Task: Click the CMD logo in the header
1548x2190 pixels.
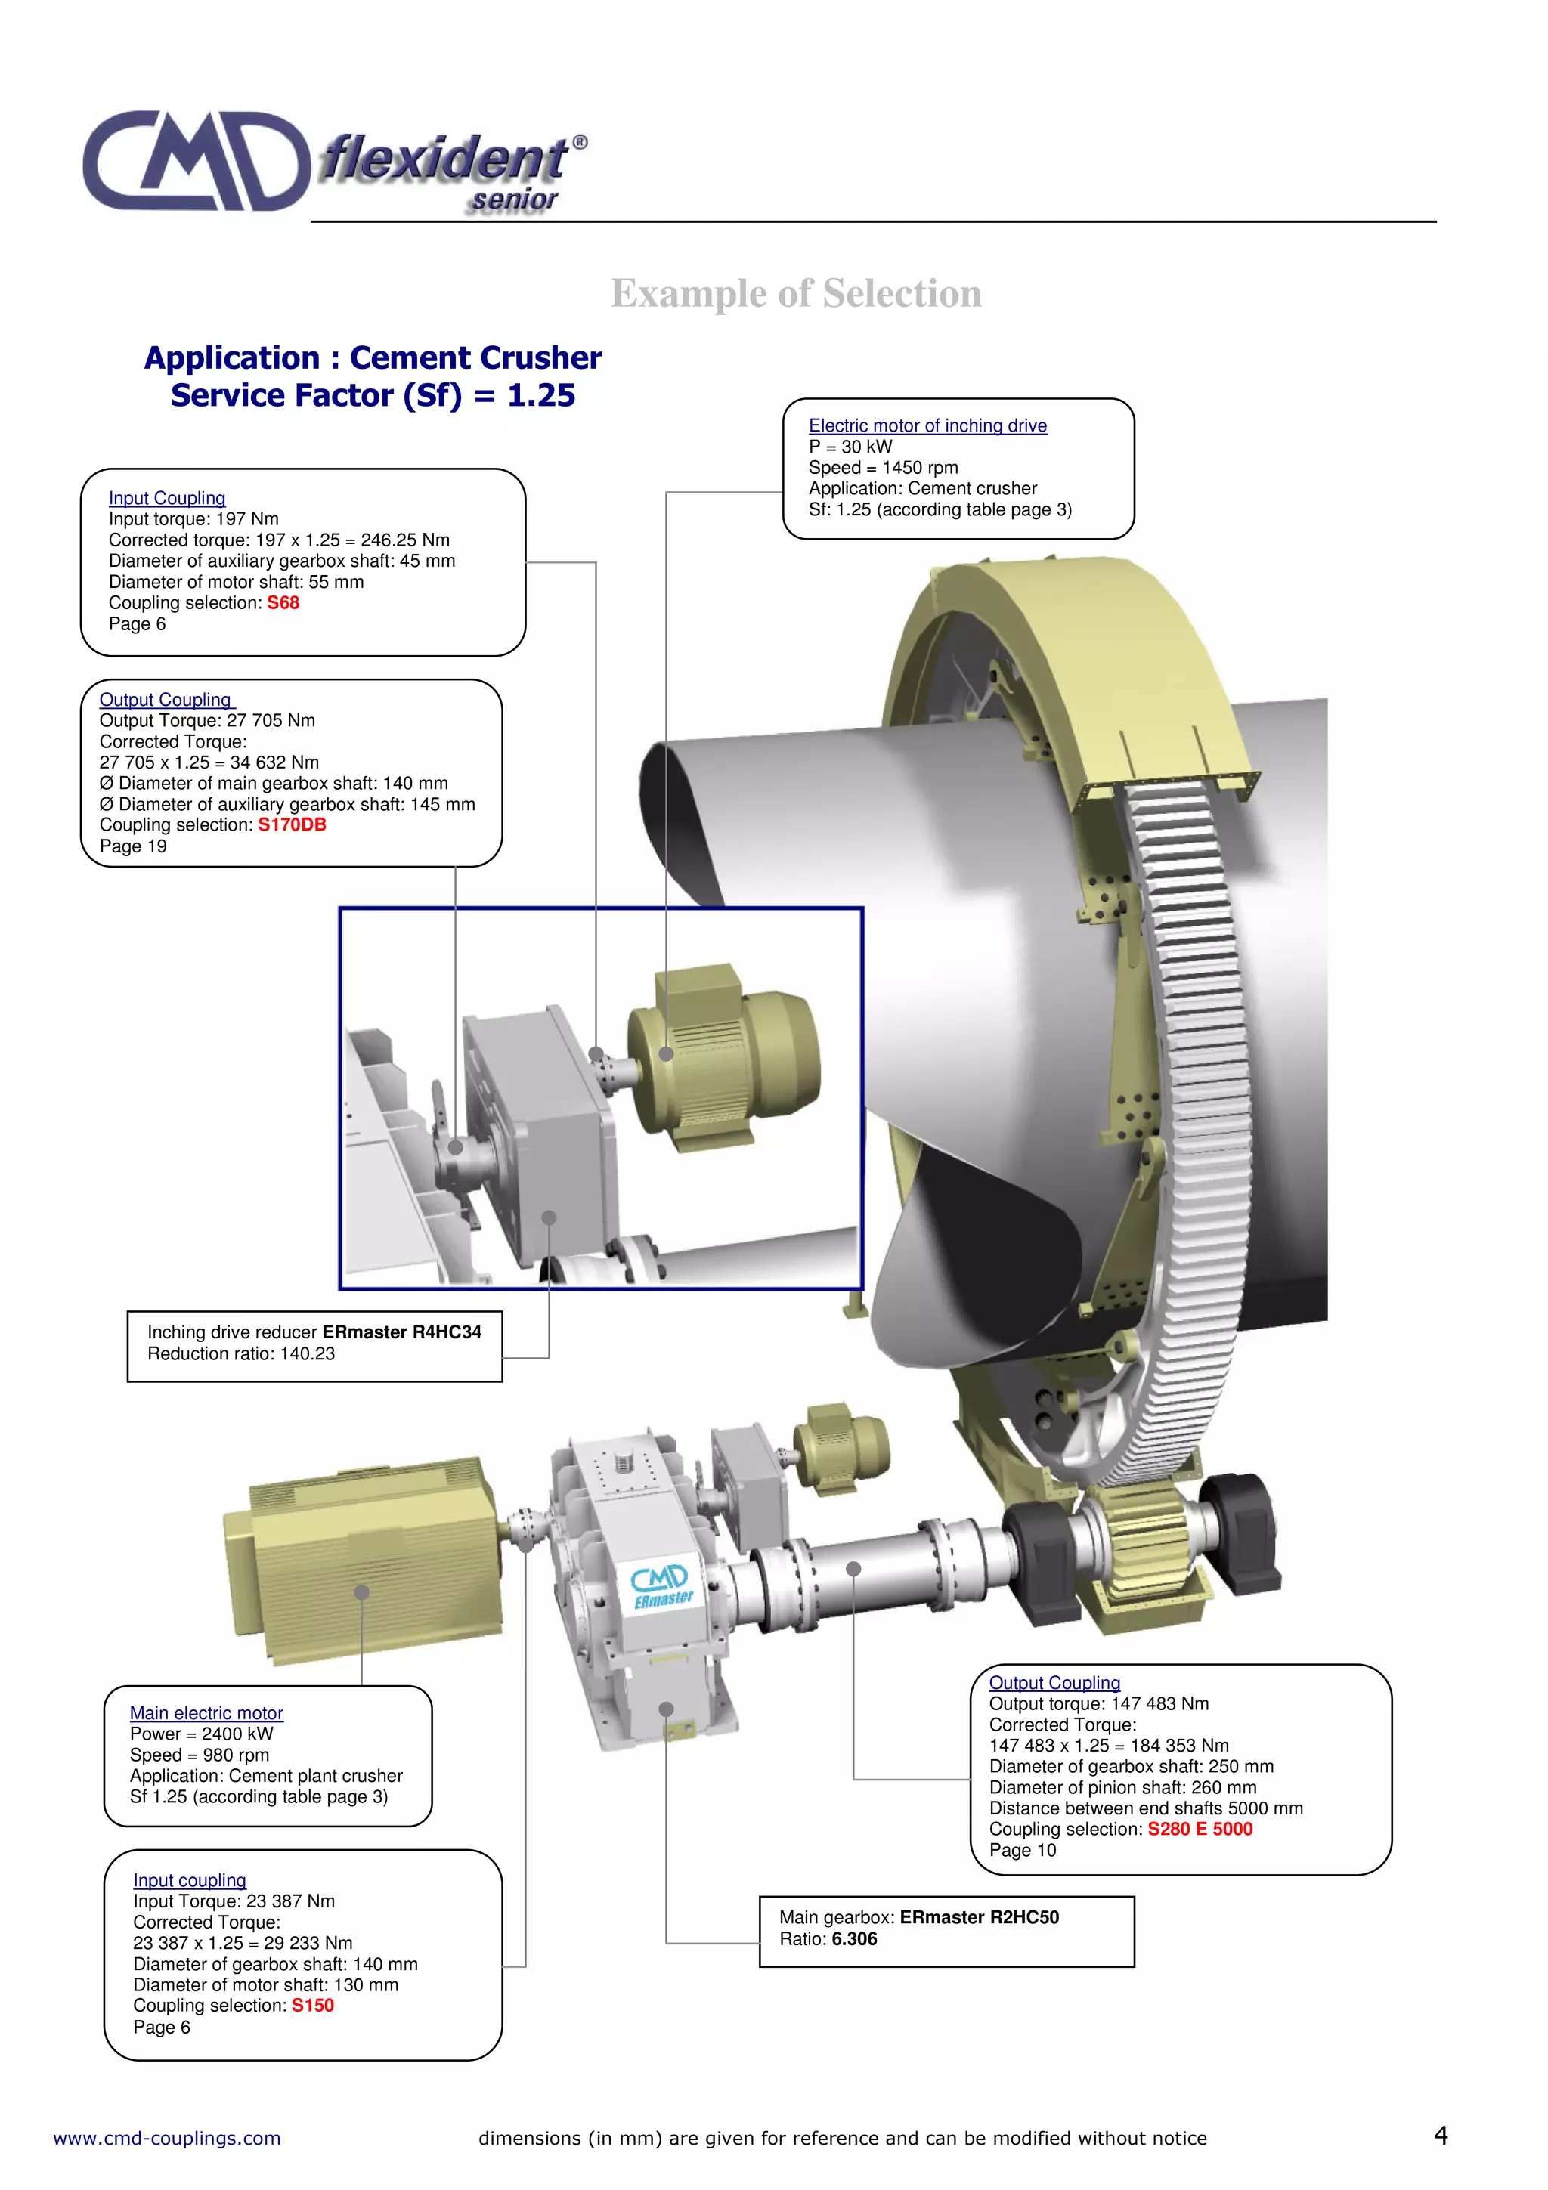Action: pos(196,160)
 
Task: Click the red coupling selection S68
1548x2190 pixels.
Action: pos(283,603)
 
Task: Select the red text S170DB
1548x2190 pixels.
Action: pos(292,825)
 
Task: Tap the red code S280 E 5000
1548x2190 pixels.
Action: pos(1199,1829)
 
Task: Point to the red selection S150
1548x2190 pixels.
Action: pos(313,2005)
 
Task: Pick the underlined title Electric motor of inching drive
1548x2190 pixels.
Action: pos(927,425)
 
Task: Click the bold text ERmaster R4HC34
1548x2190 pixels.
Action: pos(401,1332)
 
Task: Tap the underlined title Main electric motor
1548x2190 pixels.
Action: pos(206,1713)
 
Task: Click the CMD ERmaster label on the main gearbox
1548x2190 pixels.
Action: pos(662,1586)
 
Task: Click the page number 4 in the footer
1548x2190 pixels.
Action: pos(1440,2136)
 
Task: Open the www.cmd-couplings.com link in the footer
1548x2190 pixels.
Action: pos(167,2139)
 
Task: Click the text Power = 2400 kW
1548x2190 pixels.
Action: pos(201,1734)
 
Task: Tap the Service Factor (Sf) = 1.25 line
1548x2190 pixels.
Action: pos(373,395)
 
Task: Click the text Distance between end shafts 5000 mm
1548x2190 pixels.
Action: pos(1145,1808)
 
